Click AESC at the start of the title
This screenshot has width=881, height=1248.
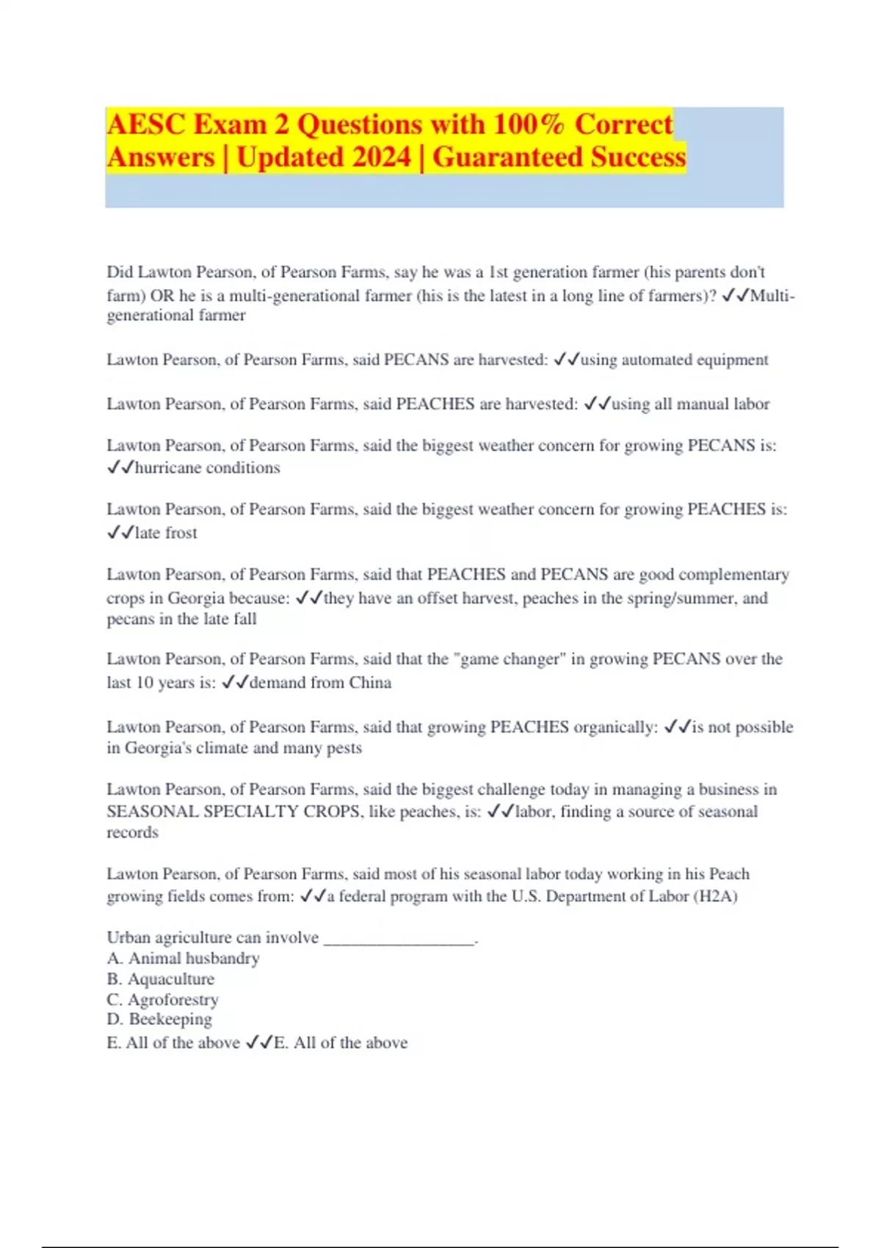pos(146,125)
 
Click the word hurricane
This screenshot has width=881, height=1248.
pos(169,468)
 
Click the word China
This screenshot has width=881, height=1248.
pos(370,683)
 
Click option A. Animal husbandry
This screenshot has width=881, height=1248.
pos(184,959)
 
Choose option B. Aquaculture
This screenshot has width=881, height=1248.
pos(161,979)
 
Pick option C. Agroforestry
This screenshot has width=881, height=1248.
pos(163,1000)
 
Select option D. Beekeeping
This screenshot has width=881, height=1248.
pos(160,1020)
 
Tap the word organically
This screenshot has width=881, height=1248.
pos(615,728)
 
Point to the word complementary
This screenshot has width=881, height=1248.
pos(734,575)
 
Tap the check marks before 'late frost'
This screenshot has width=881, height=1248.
pos(120,533)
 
